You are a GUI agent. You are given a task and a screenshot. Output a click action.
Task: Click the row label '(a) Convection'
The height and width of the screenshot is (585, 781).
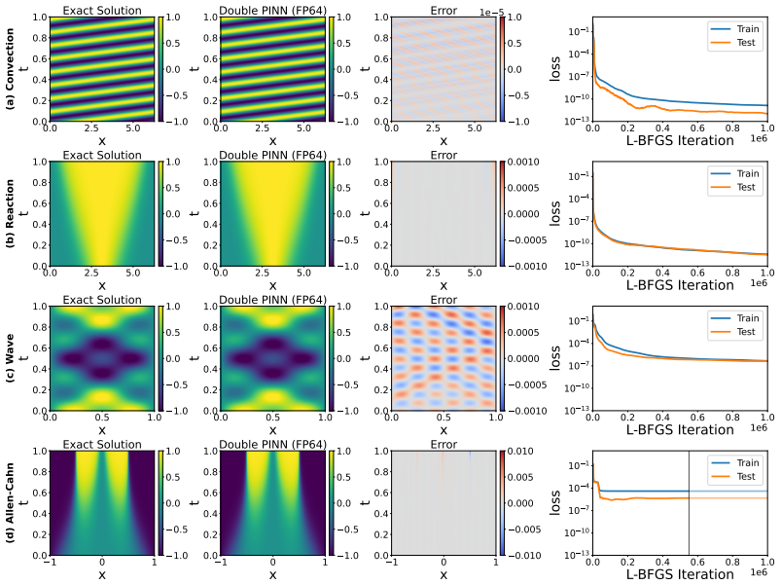tap(10, 68)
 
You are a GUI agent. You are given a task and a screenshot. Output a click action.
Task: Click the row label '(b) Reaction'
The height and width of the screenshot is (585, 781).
tap(10, 213)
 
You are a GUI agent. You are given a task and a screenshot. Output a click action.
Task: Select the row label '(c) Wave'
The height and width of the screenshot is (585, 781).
tap(10, 358)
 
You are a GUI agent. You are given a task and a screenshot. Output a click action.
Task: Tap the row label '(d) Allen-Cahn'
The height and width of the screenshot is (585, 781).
tap(10, 503)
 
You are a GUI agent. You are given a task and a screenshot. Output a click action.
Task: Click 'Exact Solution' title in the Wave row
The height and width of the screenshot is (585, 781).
tap(102, 300)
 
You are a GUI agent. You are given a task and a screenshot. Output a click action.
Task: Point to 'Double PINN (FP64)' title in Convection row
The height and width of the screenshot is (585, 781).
tap(273, 11)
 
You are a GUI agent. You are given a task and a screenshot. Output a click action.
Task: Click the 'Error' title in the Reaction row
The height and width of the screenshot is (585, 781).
tap(444, 156)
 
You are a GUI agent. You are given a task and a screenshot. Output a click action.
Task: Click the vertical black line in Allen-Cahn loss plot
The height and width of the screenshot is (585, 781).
tap(690, 503)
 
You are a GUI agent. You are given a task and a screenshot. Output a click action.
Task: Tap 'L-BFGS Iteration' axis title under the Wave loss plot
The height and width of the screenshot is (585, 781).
tap(680, 429)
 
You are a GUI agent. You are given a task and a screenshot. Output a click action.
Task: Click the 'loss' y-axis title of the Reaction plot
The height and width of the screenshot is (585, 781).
tap(554, 213)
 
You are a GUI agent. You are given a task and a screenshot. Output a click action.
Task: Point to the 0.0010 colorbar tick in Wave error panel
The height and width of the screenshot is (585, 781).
tap(523, 307)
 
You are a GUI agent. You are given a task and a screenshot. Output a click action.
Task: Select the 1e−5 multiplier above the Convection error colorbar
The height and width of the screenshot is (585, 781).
tap(491, 12)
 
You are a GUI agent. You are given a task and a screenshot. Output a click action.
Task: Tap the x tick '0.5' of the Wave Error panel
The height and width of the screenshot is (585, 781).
tap(444, 418)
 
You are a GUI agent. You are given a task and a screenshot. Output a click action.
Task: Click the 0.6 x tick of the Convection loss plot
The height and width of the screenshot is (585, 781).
tap(697, 128)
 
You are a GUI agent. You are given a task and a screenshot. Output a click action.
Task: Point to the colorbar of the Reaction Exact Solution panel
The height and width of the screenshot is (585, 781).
tap(160, 214)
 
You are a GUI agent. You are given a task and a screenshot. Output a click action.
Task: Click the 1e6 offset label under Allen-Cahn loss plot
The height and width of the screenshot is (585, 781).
tap(759, 572)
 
